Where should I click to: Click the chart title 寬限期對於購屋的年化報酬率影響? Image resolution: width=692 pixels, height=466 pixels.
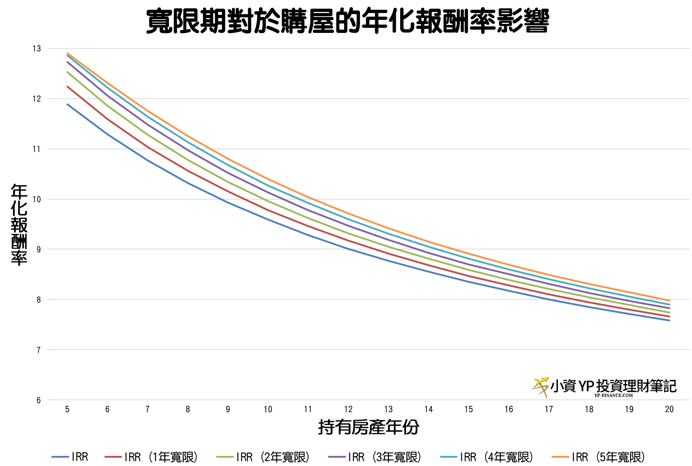click(x=347, y=21)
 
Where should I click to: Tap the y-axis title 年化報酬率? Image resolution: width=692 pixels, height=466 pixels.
click(x=19, y=225)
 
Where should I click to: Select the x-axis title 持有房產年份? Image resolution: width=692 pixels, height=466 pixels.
click(x=368, y=427)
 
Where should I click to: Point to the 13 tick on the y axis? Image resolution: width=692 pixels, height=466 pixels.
click(x=37, y=48)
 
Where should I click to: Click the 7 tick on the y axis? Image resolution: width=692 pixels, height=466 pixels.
click(x=38, y=350)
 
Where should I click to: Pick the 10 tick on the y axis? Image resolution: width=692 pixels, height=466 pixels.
click(x=37, y=199)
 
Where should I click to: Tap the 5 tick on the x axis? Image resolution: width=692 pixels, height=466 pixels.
click(x=67, y=409)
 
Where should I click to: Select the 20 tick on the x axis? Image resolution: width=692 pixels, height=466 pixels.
click(x=669, y=409)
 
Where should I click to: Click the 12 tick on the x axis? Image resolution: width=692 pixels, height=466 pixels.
click(x=348, y=409)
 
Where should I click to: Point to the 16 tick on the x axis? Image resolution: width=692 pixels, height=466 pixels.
click(x=509, y=409)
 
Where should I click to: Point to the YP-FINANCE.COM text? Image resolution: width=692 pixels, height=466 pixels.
click(x=614, y=395)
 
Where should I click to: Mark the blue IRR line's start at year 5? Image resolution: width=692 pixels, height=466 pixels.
click(x=68, y=104)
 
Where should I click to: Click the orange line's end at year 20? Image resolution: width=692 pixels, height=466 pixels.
click(x=669, y=300)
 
